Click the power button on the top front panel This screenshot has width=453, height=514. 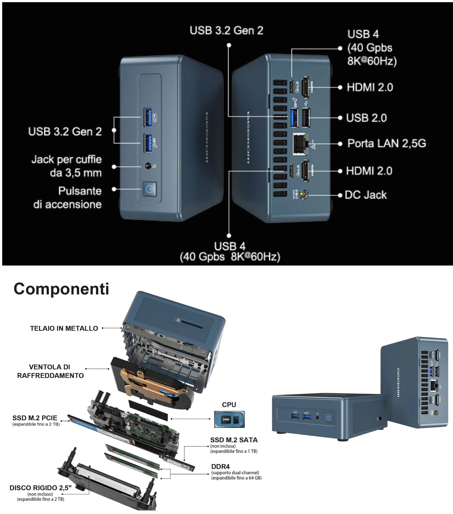pyautogui.click(x=149, y=189)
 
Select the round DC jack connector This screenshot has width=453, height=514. pyautogui.click(x=303, y=194)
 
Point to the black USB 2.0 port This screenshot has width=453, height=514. pyautogui.click(x=306, y=118)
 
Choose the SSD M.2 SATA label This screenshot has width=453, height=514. pyautogui.click(x=234, y=440)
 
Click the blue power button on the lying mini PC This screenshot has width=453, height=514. pyautogui.click(x=328, y=418)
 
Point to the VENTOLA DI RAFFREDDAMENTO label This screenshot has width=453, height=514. pyautogui.click(x=50, y=371)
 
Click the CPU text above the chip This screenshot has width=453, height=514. pyautogui.click(x=229, y=405)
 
